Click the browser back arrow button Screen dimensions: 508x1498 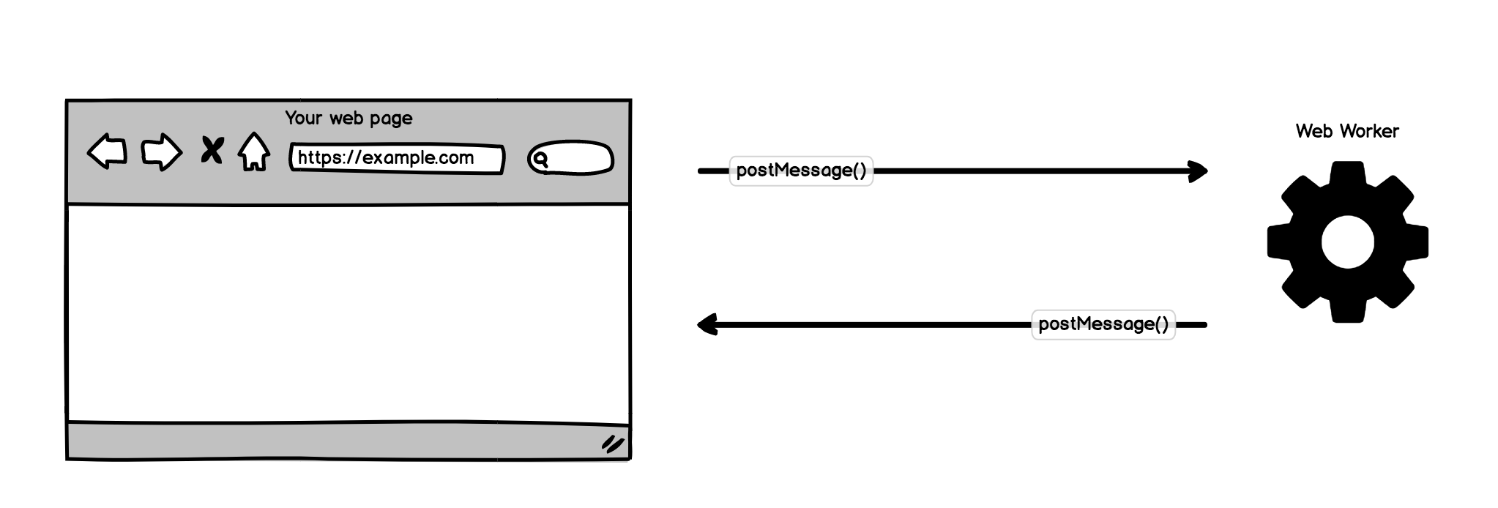(108, 152)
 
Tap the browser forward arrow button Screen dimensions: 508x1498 (161, 152)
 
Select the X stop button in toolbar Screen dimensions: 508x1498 (212, 151)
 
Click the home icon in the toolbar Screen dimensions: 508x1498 (254, 152)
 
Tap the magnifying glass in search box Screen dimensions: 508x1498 (540, 159)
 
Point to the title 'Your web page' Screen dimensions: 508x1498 (349, 118)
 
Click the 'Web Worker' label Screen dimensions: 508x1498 (1346, 131)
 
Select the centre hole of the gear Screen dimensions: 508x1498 (1347, 242)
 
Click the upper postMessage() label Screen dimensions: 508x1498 (801, 171)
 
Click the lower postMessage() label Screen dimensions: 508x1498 (1103, 324)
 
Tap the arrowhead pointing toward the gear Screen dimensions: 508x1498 (1199, 171)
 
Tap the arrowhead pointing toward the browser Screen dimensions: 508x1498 (707, 324)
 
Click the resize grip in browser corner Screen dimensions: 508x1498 (612, 444)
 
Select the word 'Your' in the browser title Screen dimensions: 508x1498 (303, 118)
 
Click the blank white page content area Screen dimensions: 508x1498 (349, 313)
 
